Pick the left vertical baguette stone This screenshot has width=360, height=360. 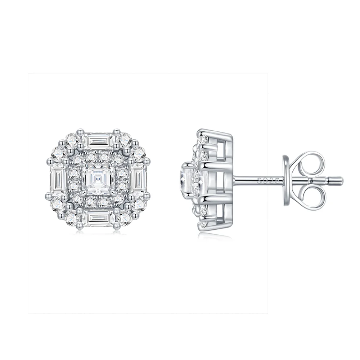58,180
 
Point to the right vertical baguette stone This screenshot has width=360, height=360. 138,180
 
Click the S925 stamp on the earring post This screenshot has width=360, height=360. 268,180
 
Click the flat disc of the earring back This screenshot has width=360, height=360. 287,180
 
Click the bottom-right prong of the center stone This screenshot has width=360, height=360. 114,196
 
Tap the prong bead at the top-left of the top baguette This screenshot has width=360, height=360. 80,132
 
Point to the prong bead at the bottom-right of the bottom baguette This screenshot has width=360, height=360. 116,226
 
